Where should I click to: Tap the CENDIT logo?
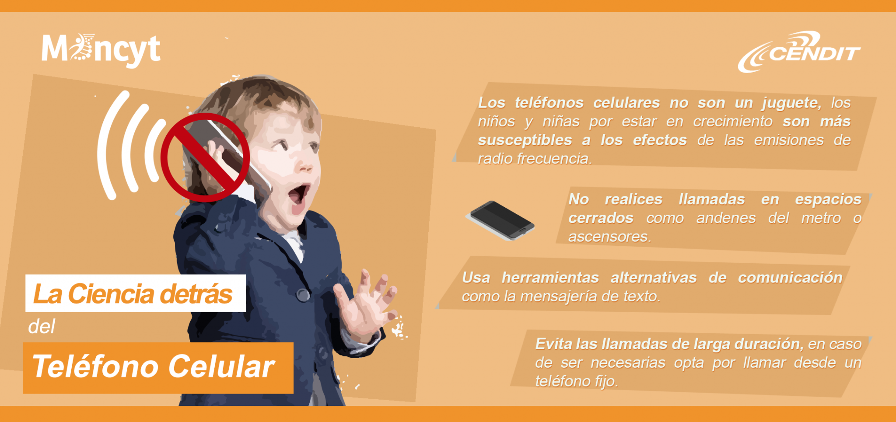point(799,52)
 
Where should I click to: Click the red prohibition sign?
point(205,157)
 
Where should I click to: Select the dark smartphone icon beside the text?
point(500,220)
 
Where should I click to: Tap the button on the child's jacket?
point(303,295)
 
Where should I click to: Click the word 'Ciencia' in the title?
point(108,293)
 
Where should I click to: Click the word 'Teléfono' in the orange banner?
point(95,366)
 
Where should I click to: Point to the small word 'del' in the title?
point(42,326)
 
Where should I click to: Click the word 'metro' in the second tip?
point(821,218)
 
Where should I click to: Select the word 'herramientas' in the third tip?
point(550,278)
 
